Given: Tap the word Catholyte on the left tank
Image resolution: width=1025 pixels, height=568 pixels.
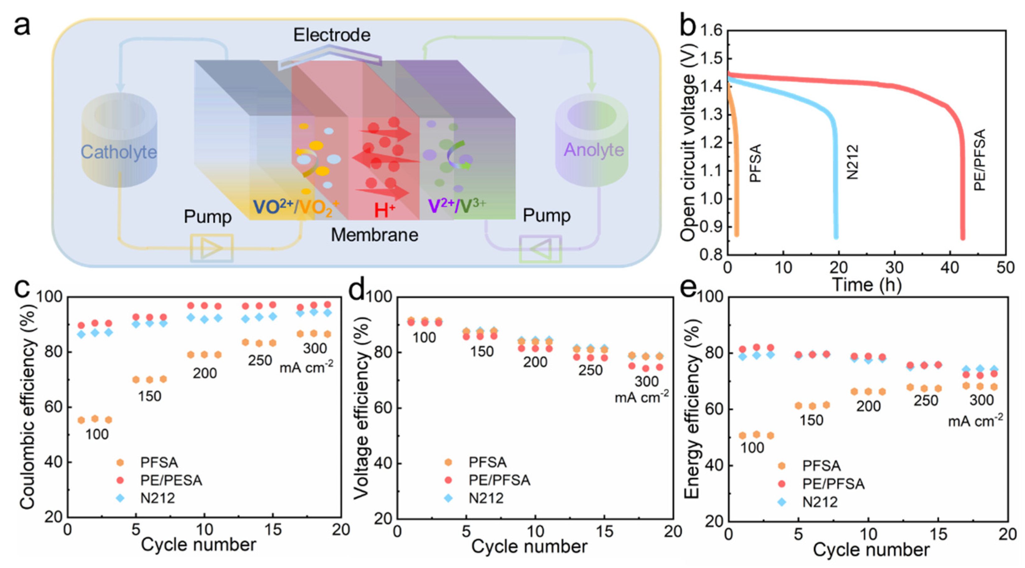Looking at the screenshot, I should [119, 152].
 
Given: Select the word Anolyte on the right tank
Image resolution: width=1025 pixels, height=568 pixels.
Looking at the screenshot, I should [594, 150].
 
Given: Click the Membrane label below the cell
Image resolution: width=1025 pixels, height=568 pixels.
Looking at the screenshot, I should [374, 235].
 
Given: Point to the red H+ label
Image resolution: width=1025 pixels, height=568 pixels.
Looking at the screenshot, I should [384, 210].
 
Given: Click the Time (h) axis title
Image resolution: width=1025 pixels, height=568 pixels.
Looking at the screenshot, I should [866, 284].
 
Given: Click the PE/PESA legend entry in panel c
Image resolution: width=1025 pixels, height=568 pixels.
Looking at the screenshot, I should [171, 481].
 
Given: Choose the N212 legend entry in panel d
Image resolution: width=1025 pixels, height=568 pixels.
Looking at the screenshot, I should [486, 498].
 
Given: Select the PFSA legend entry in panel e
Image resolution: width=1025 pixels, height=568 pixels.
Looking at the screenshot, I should [821, 465].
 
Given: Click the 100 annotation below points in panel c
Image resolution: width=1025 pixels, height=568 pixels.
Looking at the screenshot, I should [97, 434].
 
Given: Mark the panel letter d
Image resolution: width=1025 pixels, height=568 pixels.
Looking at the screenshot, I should [357, 290].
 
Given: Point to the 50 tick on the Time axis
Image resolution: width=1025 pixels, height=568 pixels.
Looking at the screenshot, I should [1005, 267].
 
